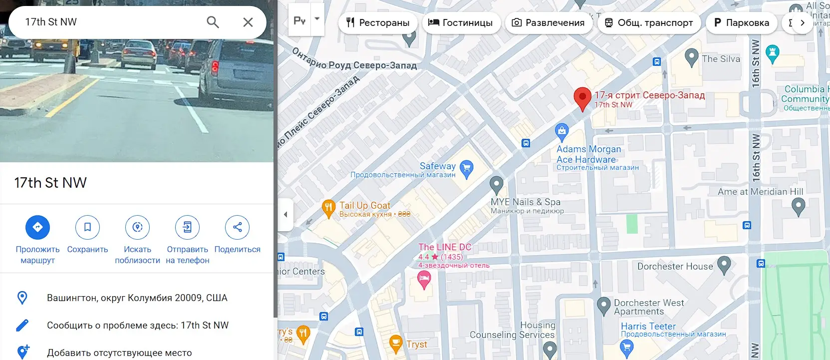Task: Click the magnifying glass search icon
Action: coord(213,22)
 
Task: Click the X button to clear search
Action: coord(248,22)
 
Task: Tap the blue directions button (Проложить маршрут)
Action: coord(37,227)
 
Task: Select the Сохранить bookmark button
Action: coord(87,227)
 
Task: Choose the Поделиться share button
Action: coord(237,227)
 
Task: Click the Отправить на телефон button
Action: coord(187,227)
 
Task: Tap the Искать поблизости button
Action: coord(137,227)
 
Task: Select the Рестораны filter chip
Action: coord(378,22)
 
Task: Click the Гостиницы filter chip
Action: coord(461,22)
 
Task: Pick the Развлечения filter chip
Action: coord(549,22)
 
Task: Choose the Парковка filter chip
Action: coord(741,22)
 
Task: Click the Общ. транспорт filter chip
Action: coord(649,22)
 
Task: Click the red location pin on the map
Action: coord(582,98)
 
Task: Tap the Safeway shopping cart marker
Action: coord(466,169)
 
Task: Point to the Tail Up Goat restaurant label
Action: coord(365,205)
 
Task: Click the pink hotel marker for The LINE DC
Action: coord(424,280)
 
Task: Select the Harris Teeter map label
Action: coord(648,326)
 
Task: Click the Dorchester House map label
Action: coord(675,266)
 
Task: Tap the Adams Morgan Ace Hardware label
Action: coord(588,154)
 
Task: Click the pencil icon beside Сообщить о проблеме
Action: coord(22,326)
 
